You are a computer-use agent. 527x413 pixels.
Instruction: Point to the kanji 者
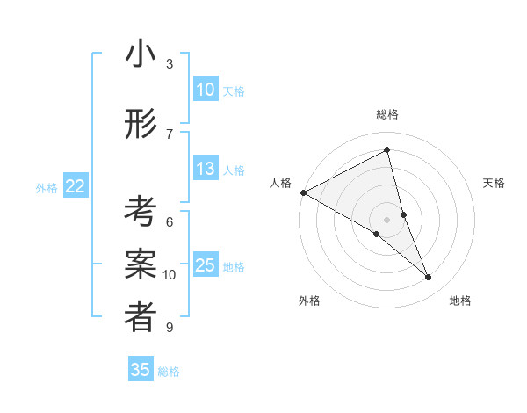[x=141, y=317]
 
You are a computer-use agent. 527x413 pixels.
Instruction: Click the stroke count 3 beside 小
[x=170, y=63]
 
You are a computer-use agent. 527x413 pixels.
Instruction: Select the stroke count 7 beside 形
[x=170, y=134]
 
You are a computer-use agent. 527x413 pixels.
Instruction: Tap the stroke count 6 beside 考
[x=170, y=221]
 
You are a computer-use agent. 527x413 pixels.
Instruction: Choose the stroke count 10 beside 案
[x=170, y=274]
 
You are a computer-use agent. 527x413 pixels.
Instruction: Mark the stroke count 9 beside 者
[x=170, y=328]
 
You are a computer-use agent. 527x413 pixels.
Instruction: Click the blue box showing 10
[x=206, y=90]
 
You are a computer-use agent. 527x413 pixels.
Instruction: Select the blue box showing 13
[x=206, y=169]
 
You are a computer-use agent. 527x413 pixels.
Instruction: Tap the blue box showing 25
[x=206, y=265]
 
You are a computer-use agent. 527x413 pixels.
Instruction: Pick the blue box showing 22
[x=76, y=186]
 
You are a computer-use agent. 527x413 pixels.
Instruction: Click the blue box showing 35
[x=141, y=370]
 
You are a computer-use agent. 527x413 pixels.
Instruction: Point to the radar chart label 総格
[x=387, y=114]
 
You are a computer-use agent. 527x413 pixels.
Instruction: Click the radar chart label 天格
[x=495, y=183]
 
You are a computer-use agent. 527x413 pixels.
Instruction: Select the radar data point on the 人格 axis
[x=303, y=192]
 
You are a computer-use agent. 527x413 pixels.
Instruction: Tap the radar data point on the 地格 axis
[x=429, y=277]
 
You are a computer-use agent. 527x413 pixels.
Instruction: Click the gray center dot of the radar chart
[x=387, y=219]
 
